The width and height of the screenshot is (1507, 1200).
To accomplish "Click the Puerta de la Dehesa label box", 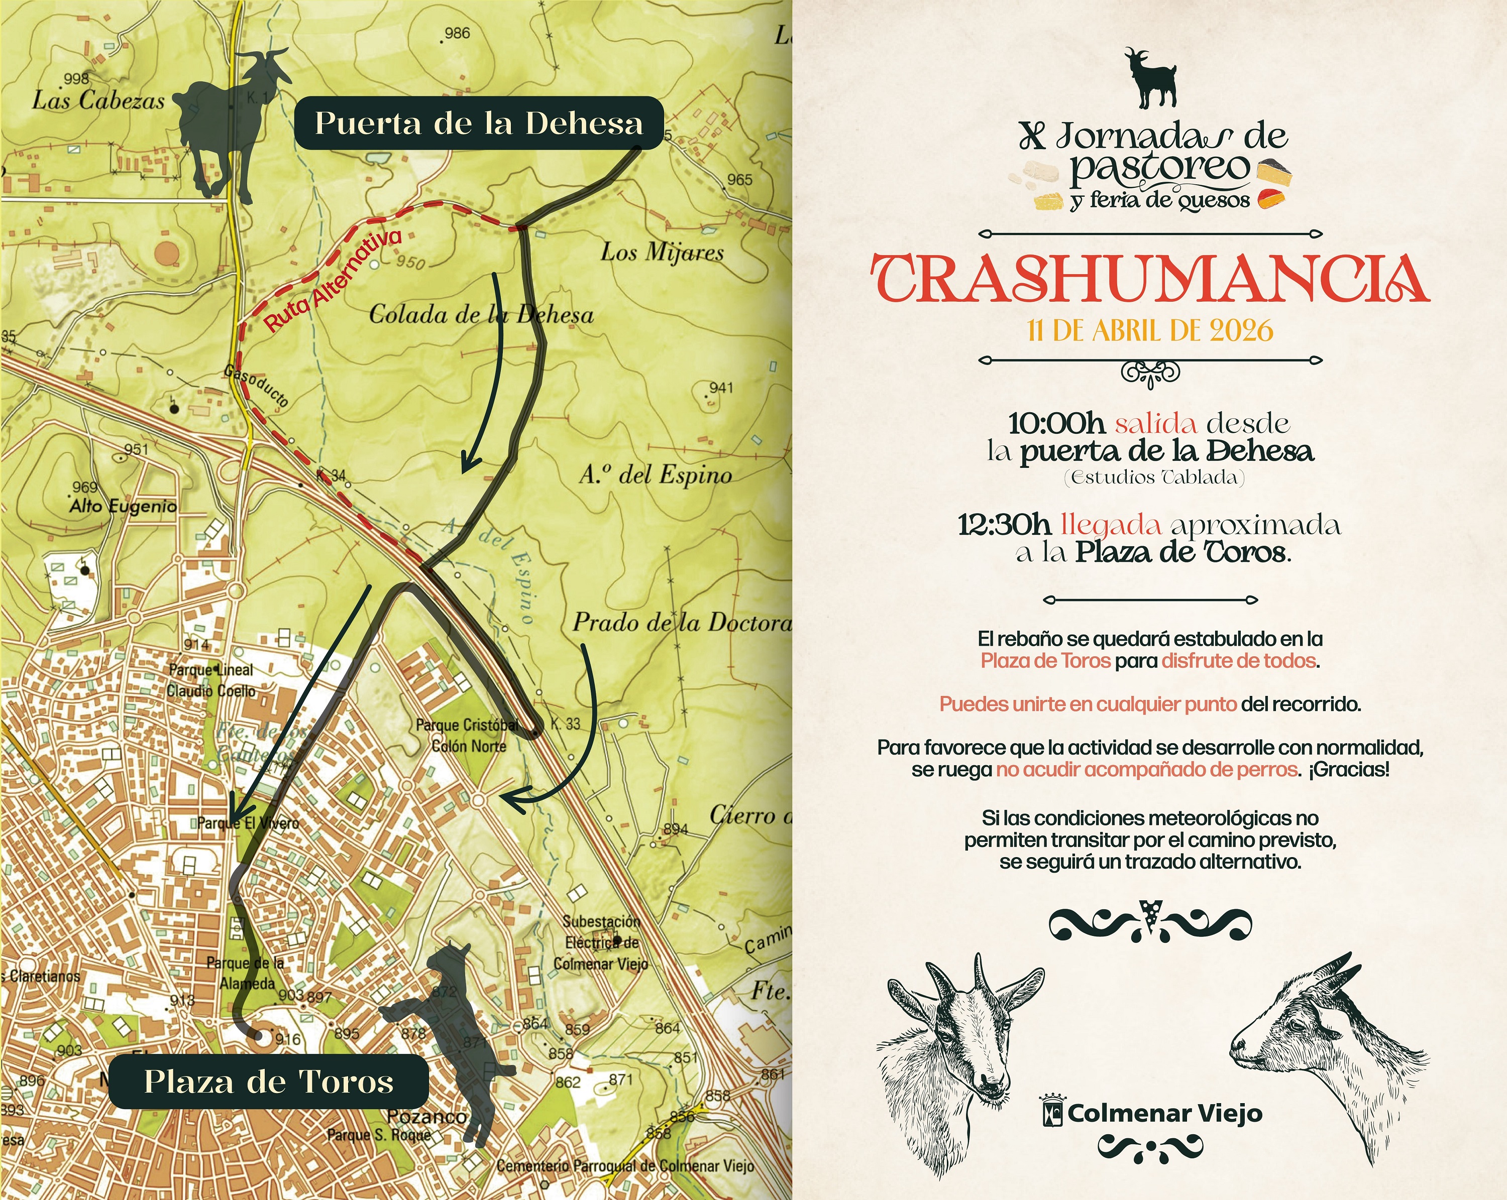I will click(478, 123).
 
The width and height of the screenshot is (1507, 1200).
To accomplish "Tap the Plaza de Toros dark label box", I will click(268, 1082).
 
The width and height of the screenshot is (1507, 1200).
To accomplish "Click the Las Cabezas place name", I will click(98, 100).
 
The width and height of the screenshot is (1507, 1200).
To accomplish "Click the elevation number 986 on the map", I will click(457, 34).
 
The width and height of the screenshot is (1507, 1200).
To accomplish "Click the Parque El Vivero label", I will click(248, 823).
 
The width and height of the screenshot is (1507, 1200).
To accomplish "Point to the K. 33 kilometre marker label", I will click(565, 724).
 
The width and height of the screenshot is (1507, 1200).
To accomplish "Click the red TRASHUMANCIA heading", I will click(1150, 279).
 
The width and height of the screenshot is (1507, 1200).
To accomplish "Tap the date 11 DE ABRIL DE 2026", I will click(1150, 330).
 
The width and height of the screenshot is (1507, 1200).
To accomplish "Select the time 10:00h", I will click(1056, 423).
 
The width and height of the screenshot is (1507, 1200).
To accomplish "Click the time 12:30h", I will click(1005, 525).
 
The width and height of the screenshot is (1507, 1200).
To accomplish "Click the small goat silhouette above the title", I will click(1150, 78).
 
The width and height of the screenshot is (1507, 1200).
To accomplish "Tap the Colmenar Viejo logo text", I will click(1164, 1113).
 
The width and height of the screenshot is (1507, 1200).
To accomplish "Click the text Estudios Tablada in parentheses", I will click(1154, 478).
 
